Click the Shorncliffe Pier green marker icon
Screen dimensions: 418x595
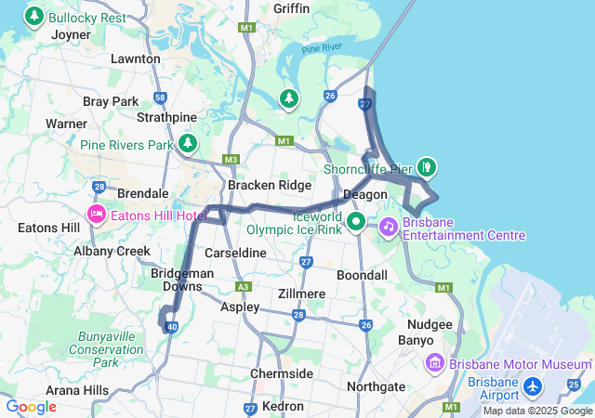[427, 167]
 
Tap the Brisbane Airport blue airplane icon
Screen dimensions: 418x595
[533, 385]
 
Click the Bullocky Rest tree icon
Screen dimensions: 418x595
[34, 17]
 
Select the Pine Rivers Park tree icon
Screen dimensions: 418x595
[189, 144]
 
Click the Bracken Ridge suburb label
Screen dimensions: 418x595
[270, 185]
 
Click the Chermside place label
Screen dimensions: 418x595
[282, 373]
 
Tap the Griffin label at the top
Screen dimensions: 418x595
[292, 8]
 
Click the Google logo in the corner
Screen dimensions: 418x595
[31, 407]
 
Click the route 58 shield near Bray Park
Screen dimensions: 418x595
[161, 98]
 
